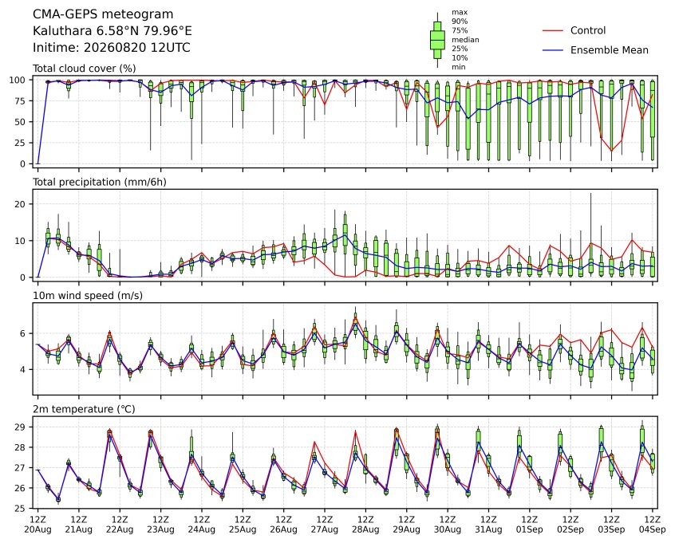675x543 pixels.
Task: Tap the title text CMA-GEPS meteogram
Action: [x=103, y=14]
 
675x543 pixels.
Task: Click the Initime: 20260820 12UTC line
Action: [x=112, y=47]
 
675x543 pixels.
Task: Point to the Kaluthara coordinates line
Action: [x=112, y=31]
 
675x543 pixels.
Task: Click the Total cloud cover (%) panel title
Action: [x=85, y=69]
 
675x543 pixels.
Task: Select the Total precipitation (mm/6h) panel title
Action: [x=100, y=182]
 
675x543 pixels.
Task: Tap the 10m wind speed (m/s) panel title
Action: [x=88, y=296]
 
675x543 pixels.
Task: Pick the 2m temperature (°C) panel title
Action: [x=84, y=409]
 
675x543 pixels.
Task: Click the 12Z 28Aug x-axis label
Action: [x=365, y=525]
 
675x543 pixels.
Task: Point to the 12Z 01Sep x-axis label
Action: [x=530, y=525]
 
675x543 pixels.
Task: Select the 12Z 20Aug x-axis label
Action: [x=37, y=525]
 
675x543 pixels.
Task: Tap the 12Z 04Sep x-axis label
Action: [x=653, y=525]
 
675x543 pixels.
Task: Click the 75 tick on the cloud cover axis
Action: [x=21, y=101]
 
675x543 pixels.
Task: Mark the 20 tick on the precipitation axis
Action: [x=21, y=204]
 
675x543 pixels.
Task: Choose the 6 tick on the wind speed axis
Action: [x=23, y=333]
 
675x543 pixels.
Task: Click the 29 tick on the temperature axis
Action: [x=21, y=427]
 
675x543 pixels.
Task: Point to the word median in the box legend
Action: [x=465, y=40]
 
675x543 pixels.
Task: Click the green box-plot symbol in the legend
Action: [x=437, y=40]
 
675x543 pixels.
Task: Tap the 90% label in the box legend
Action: [x=460, y=22]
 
